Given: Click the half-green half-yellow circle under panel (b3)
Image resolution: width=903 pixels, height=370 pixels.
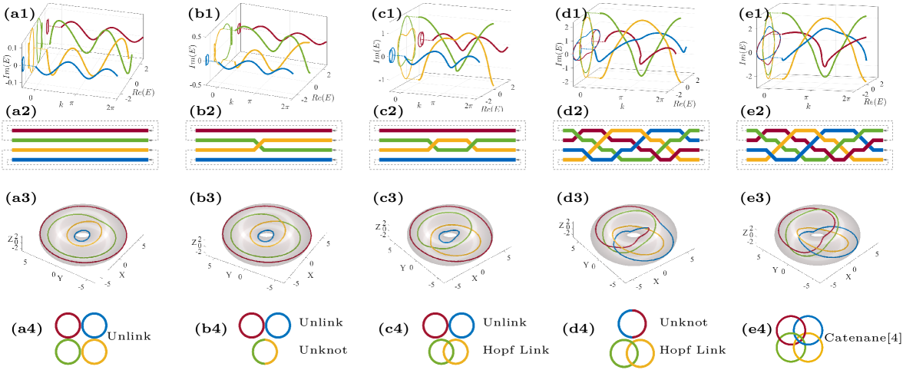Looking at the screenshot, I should pos(266,352).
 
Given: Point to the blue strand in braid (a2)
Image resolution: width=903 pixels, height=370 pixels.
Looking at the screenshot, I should pos(77,160).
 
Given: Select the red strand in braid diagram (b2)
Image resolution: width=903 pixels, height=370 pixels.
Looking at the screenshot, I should pos(261,131).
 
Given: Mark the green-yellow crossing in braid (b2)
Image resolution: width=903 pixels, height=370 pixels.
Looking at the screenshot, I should pos(262,144).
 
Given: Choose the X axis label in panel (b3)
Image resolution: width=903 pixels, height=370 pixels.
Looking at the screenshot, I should pos(310,275).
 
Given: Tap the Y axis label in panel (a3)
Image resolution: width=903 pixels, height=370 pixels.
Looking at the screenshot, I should pos(60,278).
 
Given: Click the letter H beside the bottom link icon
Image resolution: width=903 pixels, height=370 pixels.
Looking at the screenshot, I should pos(663,350).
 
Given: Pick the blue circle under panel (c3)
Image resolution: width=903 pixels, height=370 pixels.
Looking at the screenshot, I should pos(461,325).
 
